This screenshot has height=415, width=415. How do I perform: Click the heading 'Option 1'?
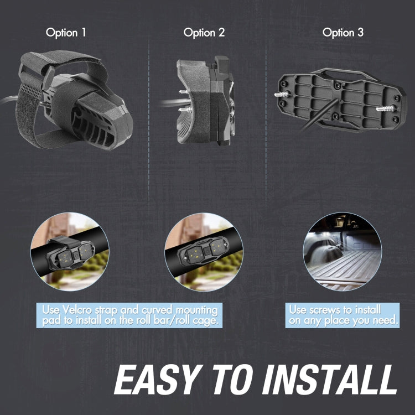(66, 33)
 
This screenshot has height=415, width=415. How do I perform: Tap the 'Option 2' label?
(204, 33)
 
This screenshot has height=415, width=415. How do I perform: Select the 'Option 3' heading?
(343, 33)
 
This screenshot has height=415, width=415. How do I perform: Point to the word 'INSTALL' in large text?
(330, 380)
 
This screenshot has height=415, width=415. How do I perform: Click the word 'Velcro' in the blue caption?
(77, 310)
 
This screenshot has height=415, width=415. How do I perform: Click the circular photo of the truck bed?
(342, 251)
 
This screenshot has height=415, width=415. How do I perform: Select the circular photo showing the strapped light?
(70, 251)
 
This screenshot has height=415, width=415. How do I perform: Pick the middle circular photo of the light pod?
(204, 252)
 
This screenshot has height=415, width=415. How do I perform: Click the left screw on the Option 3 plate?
(281, 95)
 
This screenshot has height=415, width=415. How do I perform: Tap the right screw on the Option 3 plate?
(385, 108)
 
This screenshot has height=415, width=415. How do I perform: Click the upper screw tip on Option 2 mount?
(184, 92)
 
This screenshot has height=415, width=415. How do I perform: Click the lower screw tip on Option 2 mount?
(184, 110)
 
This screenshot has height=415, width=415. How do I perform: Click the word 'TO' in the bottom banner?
(233, 380)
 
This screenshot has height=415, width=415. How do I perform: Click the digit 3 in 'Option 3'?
(360, 33)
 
